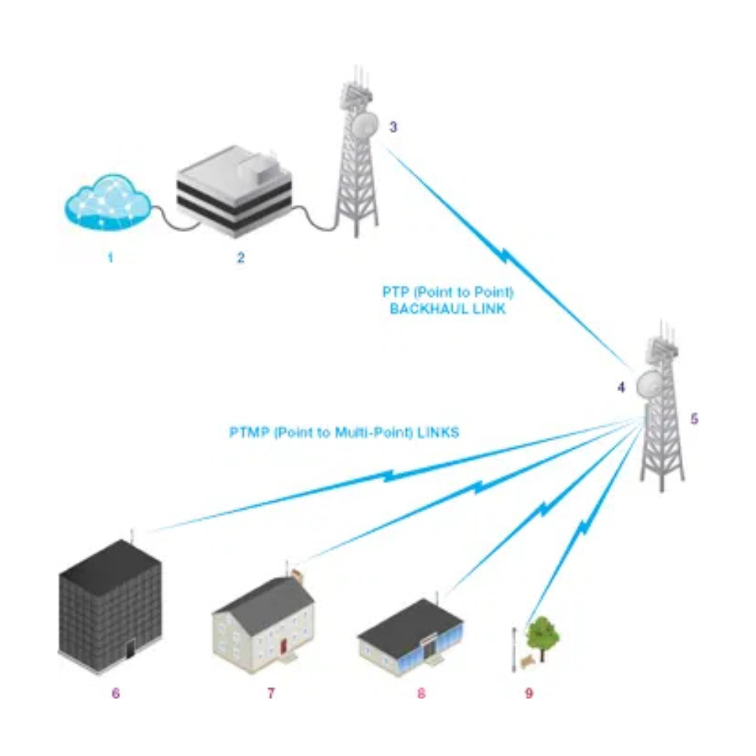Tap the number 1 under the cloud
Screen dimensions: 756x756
pyautogui.click(x=110, y=258)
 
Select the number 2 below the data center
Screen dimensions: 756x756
pyautogui.click(x=240, y=258)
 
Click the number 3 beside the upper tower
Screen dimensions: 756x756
pyautogui.click(x=394, y=127)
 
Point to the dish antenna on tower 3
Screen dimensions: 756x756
pyautogui.click(x=364, y=124)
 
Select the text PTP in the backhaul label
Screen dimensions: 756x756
pyautogui.click(x=394, y=292)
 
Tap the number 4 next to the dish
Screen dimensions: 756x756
pyautogui.click(x=621, y=386)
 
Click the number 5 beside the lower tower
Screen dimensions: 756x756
pyautogui.click(x=694, y=419)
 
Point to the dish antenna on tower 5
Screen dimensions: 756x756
pyautogui.click(x=650, y=382)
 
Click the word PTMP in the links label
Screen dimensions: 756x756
pyautogui.click(x=248, y=433)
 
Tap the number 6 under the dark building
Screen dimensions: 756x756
pyautogui.click(x=115, y=693)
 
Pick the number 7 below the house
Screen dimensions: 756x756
pyautogui.click(x=271, y=693)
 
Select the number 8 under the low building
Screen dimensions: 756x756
pyautogui.click(x=421, y=693)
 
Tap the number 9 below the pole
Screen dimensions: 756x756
pyautogui.click(x=529, y=693)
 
